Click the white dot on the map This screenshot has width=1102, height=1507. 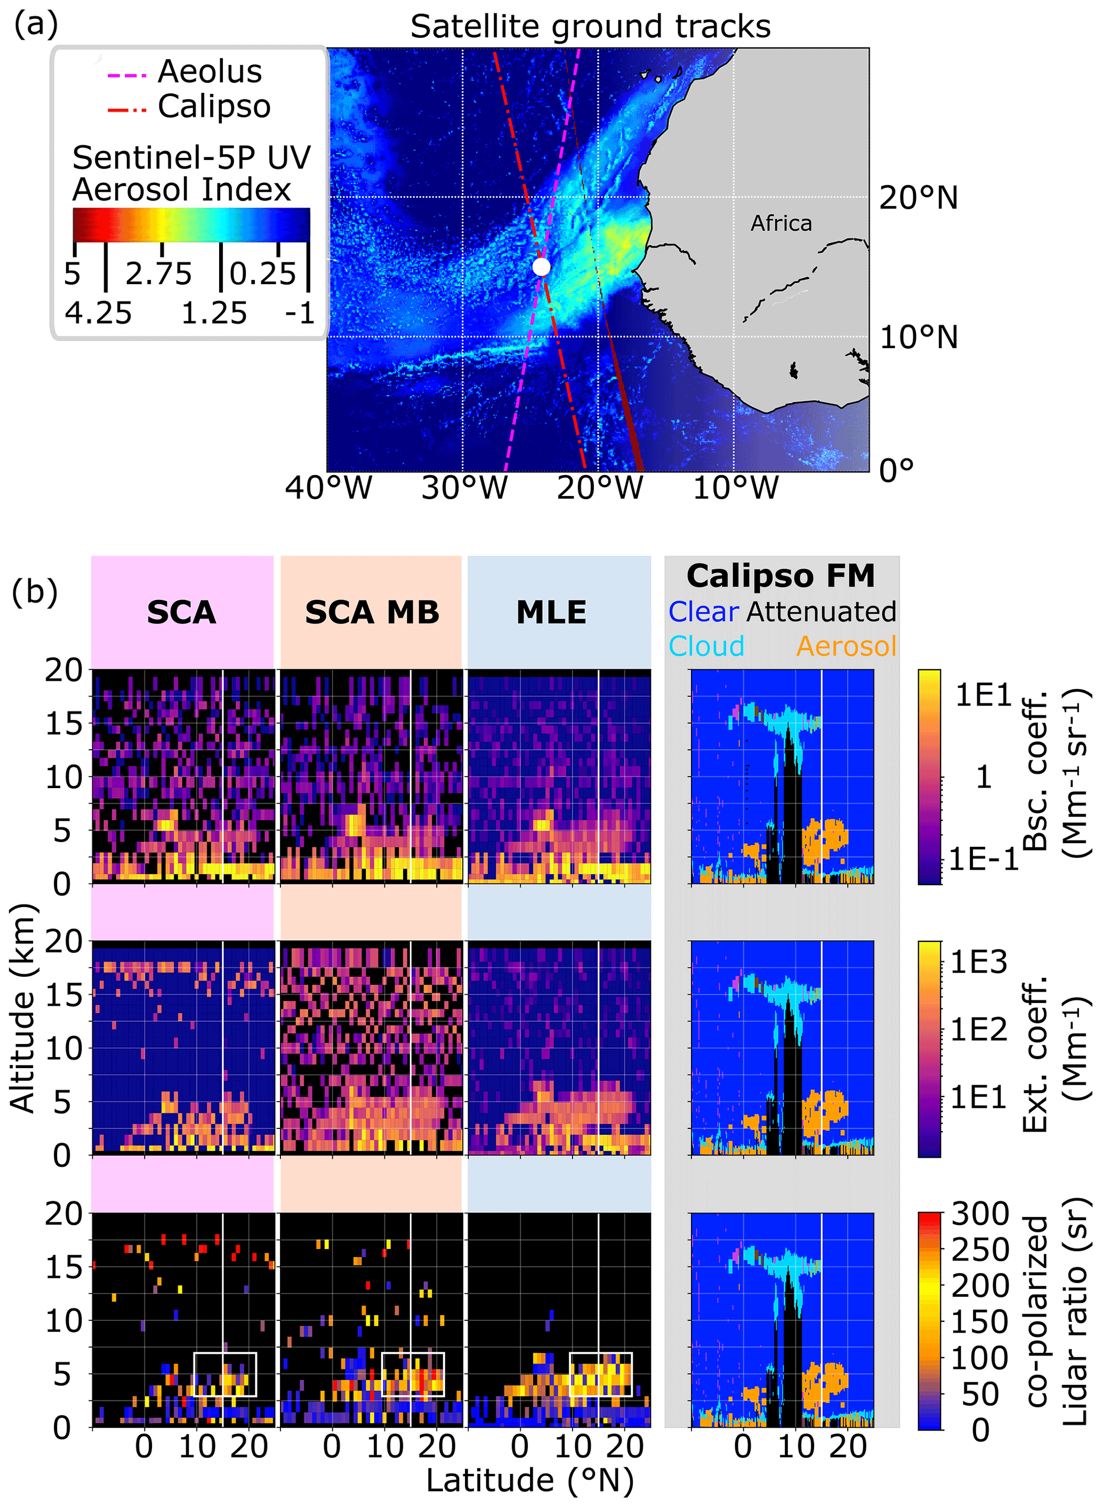(x=541, y=267)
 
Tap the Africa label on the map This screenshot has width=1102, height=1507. (x=781, y=223)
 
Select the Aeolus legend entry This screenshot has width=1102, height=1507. (x=209, y=71)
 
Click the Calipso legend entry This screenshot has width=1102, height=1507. (x=213, y=106)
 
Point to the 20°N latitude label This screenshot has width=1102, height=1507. (x=918, y=198)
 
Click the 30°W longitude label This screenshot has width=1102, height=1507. (x=464, y=488)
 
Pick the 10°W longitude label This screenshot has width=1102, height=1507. (x=735, y=488)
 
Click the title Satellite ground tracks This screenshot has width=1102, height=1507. (x=590, y=27)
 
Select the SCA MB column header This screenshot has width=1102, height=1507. (x=372, y=612)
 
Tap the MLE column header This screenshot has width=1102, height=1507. (x=551, y=612)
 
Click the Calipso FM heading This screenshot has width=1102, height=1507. (x=780, y=576)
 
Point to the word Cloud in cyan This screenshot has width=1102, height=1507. (x=706, y=646)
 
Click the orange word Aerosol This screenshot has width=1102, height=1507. (x=846, y=646)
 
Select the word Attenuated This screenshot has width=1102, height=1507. (x=821, y=611)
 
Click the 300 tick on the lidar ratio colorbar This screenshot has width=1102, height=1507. (x=979, y=1214)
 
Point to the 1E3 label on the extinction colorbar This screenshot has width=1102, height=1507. (x=979, y=962)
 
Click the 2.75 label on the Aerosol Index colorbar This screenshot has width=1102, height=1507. (x=158, y=274)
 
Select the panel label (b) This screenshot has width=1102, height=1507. (x=35, y=592)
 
